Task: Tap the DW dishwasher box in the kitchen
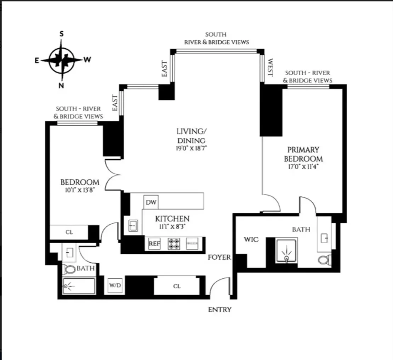pos(151,202)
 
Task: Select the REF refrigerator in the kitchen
pos(154,244)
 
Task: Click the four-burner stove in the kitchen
pos(173,244)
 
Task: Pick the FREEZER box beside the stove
pos(193,244)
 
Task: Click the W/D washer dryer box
pos(115,286)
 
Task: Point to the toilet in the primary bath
pos(324,260)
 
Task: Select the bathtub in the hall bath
pos(79,286)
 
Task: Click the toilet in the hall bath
pos(70,269)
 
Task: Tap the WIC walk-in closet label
pos(251,240)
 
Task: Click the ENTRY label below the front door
pos(220,310)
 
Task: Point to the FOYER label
pos(219,257)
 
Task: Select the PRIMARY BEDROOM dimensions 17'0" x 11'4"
pos(303,167)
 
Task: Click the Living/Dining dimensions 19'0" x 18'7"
pos(191,148)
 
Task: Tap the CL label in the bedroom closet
pos(69,232)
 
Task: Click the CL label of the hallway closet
pos(177,286)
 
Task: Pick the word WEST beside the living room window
pos(270,68)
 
